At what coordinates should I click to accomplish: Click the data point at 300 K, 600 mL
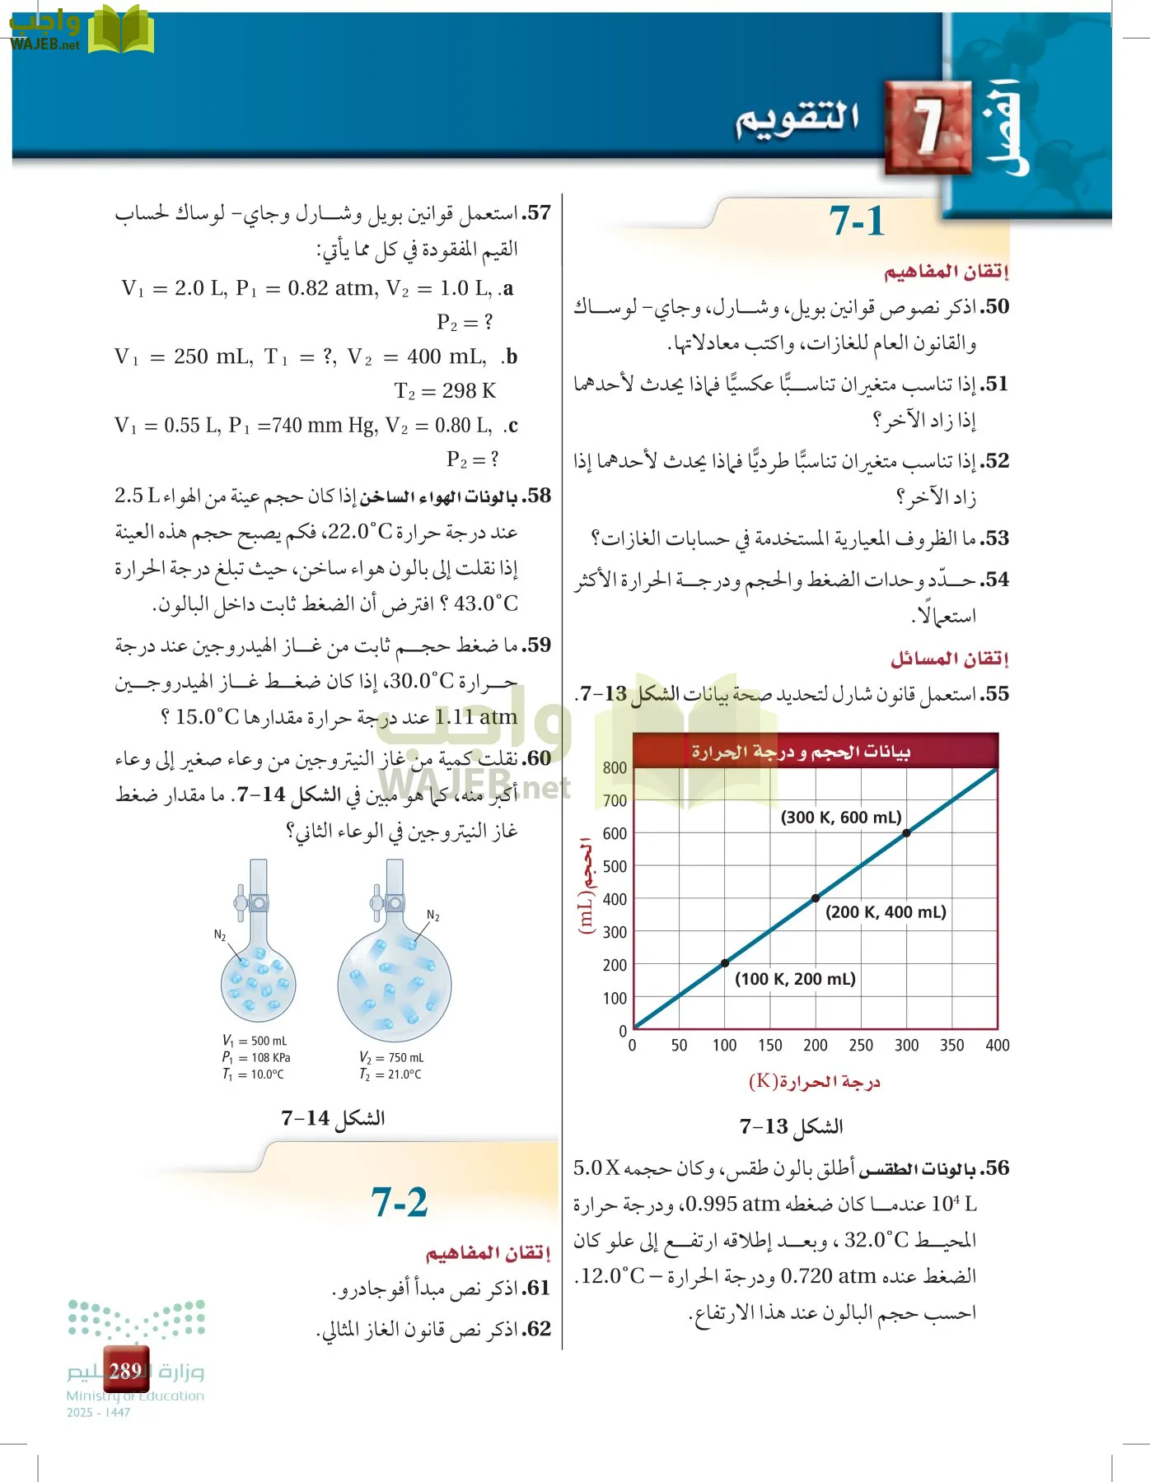906,833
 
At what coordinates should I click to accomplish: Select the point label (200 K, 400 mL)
886,912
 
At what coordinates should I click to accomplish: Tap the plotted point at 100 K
725,963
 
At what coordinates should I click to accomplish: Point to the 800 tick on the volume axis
615,768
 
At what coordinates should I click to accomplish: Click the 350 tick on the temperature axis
951,1046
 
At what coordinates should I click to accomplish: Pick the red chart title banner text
800,752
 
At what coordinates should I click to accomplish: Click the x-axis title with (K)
814,1082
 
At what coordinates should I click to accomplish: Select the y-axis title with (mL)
586,885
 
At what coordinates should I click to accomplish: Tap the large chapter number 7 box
928,128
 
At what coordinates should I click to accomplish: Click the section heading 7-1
857,221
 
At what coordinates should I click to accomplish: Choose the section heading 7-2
400,1203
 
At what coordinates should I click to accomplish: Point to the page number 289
126,1371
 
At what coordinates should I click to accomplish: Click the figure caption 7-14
333,1118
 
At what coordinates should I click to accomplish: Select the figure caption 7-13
791,1126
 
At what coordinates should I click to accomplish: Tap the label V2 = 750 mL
391,1058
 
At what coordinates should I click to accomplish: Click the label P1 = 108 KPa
255,1058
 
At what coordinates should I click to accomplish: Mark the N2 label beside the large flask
433,916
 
